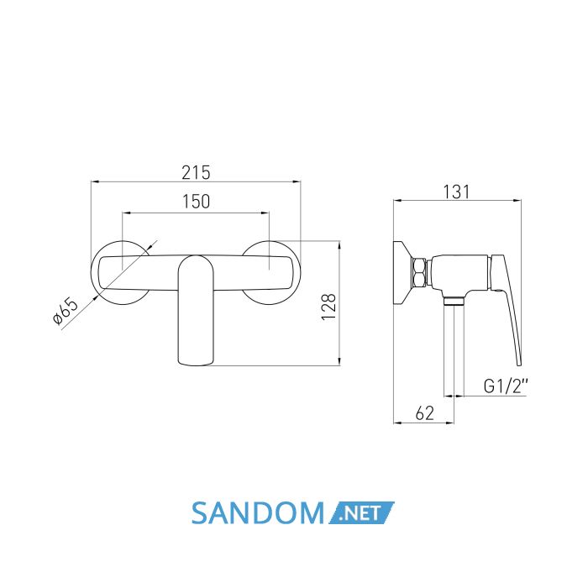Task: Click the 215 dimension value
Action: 196,173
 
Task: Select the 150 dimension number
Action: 196,202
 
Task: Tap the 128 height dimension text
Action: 329,307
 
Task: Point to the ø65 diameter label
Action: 66,311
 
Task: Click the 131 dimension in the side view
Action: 456,192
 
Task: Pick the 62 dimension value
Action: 425,413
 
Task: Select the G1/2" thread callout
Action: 506,386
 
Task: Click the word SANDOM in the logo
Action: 258,513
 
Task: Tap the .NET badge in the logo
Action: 361,512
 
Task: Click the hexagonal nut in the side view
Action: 418,273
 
